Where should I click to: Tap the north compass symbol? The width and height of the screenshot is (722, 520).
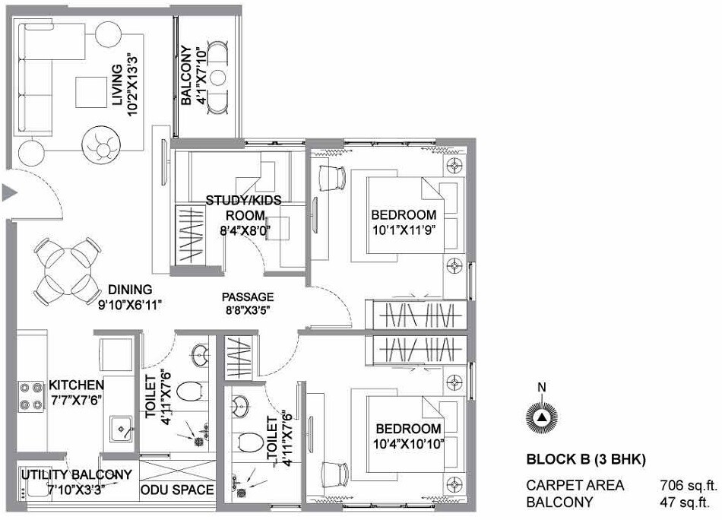point(541,417)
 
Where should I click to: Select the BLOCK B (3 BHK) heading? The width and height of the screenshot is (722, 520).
point(586,460)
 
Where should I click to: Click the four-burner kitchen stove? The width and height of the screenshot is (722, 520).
point(31,395)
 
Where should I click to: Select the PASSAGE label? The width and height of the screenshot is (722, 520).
point(248,296)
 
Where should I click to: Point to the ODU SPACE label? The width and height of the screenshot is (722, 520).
point(177,490)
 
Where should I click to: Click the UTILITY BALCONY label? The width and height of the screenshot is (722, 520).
point(76,475)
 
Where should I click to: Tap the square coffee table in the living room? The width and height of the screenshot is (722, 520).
point(90,93)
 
